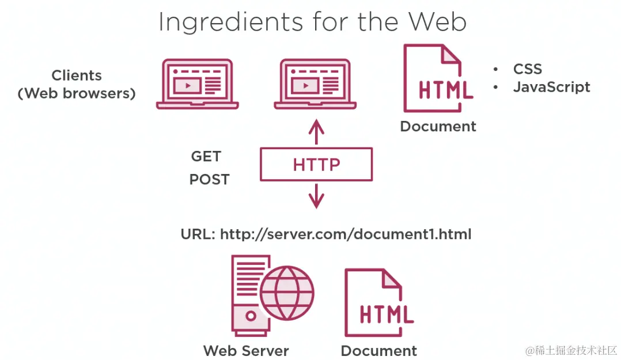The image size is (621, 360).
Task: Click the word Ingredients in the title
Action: coord(230,22)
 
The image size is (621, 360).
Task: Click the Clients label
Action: coord(77,75)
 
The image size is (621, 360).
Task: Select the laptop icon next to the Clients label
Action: coord(197,84)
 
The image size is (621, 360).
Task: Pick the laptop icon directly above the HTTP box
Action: coord(315,84)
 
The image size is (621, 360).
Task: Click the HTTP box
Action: coord(316,164)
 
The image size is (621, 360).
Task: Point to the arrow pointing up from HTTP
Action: coord(316,131)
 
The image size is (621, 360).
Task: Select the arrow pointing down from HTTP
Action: coord(316,196)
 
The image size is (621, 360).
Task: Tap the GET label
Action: coord(206,156)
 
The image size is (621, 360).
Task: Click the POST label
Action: coord(209,179)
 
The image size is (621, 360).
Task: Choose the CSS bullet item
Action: coord(527,69)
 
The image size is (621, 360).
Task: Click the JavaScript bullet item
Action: coord(551,87)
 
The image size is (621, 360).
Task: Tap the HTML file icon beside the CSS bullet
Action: coord(438,78)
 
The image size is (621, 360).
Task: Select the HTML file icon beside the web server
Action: coord(379,302)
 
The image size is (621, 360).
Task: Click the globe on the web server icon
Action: coord(287,293)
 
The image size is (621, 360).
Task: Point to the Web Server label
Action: coord(246,350)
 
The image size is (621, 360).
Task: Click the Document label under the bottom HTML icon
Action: coord(378,350)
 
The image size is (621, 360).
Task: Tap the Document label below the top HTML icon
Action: coord(438,126)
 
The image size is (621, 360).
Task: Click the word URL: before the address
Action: coord(198,234)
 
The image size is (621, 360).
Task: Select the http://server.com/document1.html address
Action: coord(346,234)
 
